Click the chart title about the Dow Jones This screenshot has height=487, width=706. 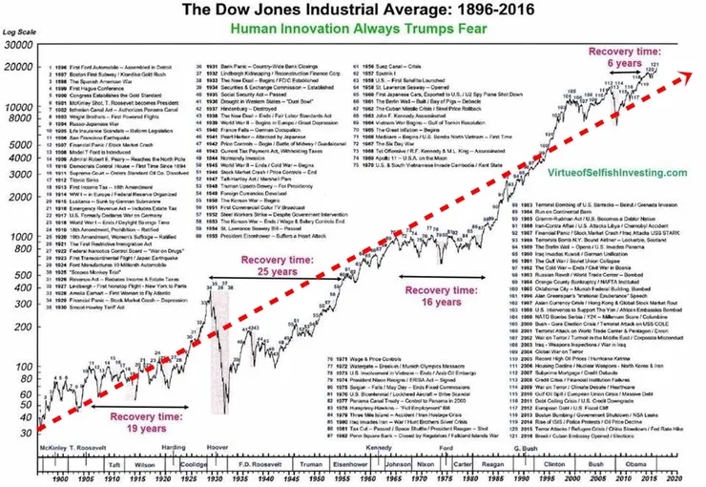[x=353, y=11]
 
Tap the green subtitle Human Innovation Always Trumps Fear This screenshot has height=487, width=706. [x=353, y=29]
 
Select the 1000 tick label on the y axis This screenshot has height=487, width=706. [x=20, y=234]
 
